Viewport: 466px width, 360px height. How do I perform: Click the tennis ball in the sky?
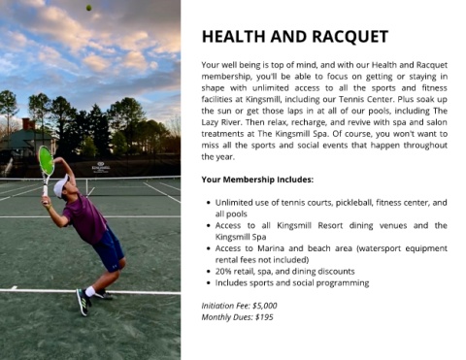pos(88,8)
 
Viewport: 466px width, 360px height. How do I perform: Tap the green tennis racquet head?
pos(46,160)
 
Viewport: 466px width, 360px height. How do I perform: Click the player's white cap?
pos(61,186)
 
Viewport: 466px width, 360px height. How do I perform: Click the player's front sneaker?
pos(83,302)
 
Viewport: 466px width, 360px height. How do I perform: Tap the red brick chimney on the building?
pos(28,124)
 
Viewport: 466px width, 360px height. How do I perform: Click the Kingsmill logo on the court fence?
pos(101,167)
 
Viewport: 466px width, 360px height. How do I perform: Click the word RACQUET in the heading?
pos(350,37)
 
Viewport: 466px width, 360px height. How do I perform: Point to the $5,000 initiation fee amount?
pos(265,306)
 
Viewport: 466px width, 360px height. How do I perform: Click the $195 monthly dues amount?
pos(264,317)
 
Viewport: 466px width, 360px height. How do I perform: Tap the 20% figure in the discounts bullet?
pos(223,272)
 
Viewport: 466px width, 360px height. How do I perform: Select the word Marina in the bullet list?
pos(271,248)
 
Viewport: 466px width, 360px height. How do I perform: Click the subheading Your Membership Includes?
pos(257,180)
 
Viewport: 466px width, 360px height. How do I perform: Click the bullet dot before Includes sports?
pos(209,283)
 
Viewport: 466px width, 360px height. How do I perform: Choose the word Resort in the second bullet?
pos(330,225)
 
